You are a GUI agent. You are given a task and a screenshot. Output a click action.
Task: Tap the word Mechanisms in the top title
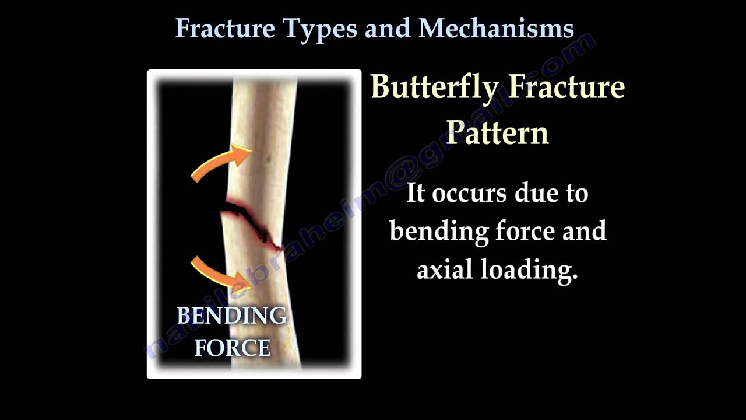click(496, 28)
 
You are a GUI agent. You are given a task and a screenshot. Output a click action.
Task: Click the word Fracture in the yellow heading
click(566, 87)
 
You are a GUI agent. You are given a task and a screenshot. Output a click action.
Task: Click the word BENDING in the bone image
click(231, 316)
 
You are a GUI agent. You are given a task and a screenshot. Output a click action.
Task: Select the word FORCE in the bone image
click(232, 348)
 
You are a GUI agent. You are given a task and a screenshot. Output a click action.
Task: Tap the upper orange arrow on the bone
click(220, 163)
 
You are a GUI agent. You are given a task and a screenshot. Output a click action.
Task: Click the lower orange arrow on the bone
click(220, 273)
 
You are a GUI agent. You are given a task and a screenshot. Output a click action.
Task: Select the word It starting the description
click(415, 194)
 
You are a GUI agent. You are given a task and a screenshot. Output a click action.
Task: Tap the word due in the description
click(539, 194)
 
